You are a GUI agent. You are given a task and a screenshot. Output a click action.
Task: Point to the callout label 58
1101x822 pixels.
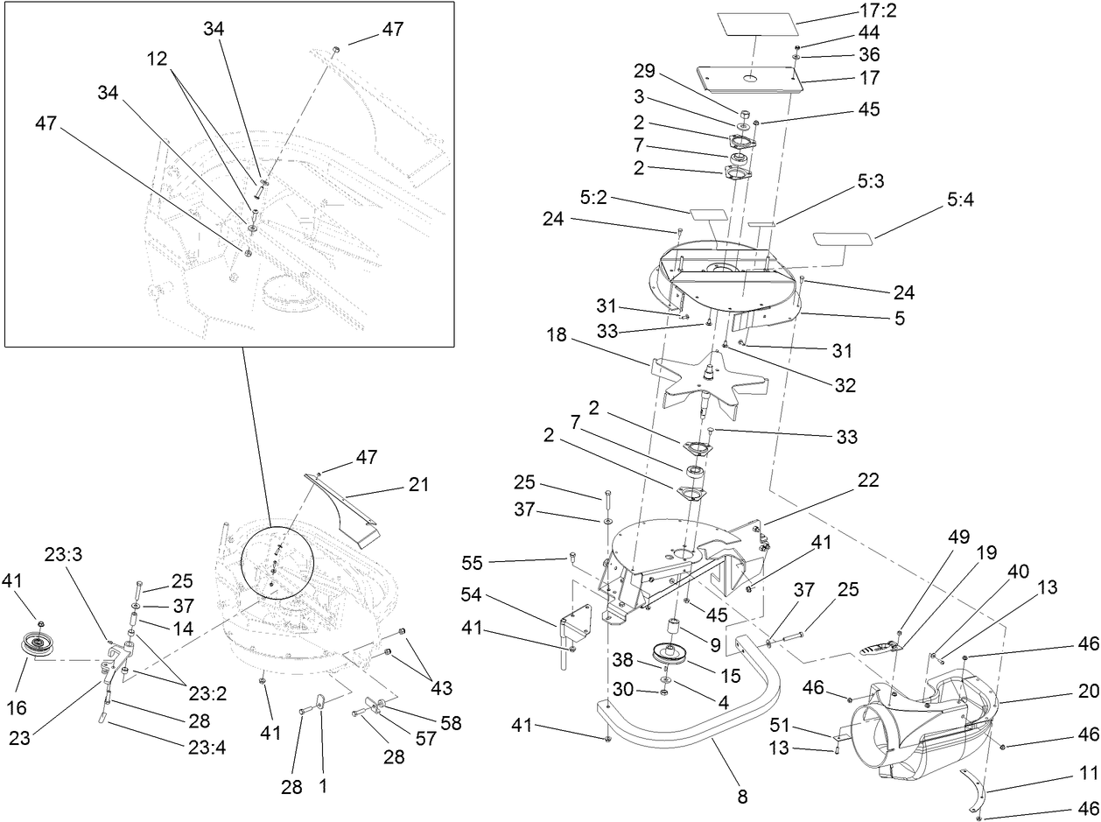[450, 723]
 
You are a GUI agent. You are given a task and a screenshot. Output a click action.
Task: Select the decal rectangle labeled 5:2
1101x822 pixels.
[708, 213]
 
